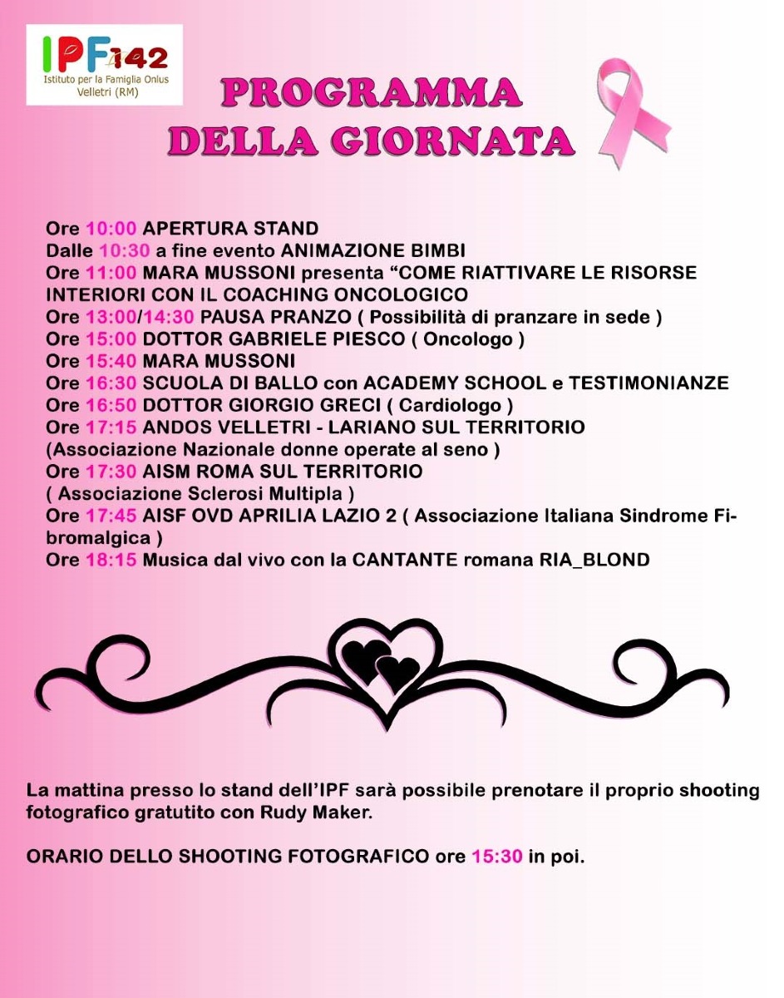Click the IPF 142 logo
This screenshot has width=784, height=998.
104,64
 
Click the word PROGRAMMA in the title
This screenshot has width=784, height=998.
371,91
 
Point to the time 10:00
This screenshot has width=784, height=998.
111,229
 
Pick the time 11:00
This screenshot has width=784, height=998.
111,273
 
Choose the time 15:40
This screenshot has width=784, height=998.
111,361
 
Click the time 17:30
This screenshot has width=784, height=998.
111,472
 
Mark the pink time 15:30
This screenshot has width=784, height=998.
497,857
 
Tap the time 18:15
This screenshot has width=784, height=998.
111,560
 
